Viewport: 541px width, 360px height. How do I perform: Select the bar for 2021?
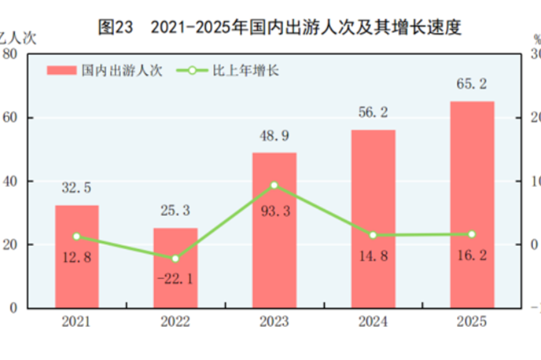[x=76, y=255]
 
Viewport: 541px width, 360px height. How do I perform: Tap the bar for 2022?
[x=175, y=267]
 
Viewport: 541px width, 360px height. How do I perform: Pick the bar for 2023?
[x=274, y=230]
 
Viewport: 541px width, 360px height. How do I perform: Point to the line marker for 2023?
[x=274, y=186]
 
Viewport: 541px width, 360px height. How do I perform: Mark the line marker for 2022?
[x=175, y=259]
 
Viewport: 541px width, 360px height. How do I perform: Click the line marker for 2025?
[x=472, y=234]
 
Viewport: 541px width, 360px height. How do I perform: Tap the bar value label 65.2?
[x=472, y=84]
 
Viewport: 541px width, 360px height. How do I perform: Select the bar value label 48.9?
[x=274, y=135]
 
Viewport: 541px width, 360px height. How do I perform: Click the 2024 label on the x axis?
[x=373, y=322]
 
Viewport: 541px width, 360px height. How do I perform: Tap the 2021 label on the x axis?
[x=76, y=322]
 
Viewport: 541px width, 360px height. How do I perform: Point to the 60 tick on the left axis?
[x=11, y=118]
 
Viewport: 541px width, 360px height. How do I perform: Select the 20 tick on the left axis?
[x=11, y=244]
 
